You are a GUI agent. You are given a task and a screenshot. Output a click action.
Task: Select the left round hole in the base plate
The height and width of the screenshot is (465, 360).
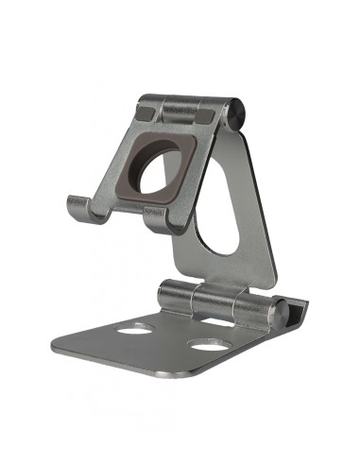tap(136, 329)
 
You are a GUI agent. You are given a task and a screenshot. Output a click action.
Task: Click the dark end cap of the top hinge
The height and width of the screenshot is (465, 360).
tap(240, 113)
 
